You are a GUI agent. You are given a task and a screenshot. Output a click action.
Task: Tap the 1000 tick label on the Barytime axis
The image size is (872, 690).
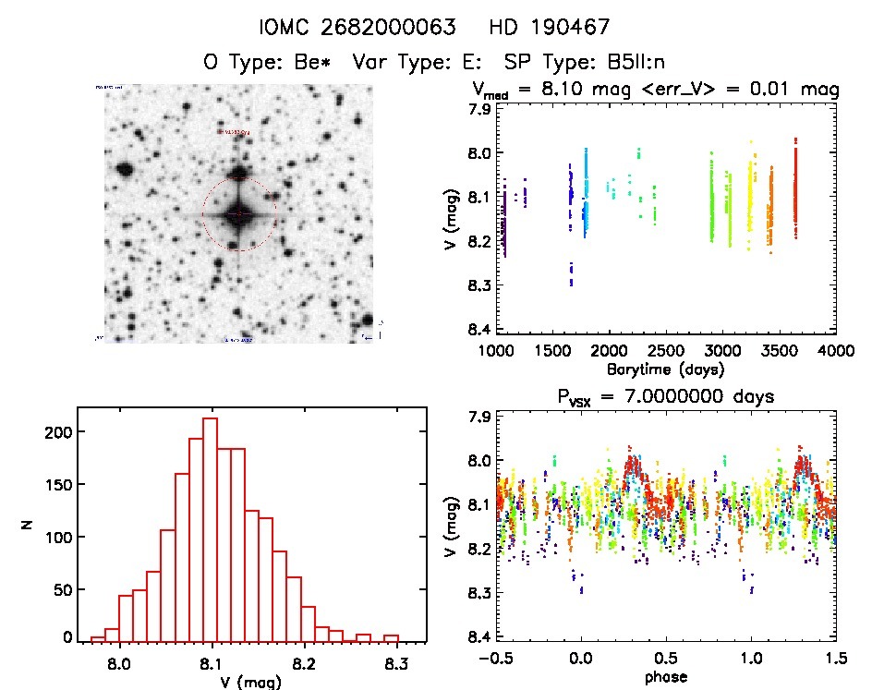[497, 351]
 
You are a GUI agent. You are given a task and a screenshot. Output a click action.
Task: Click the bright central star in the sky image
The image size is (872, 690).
[238, 214]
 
